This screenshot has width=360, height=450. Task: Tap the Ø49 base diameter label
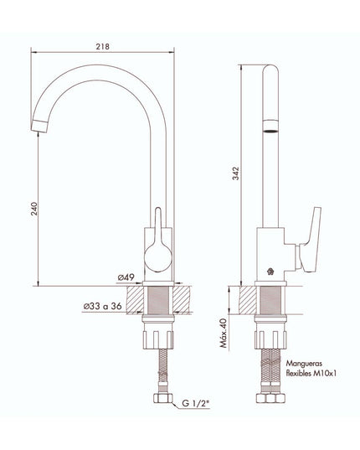[x=126, y=276]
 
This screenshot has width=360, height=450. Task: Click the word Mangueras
[x=304, y=364]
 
